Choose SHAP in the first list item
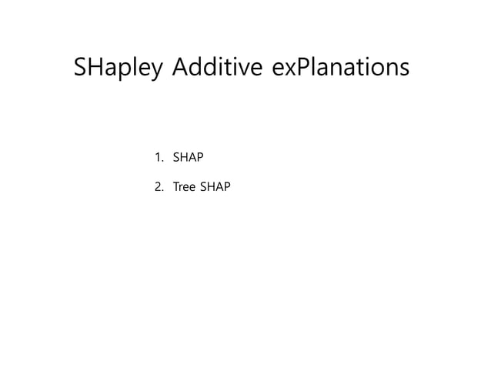pyautogui.click(x=189, y=158)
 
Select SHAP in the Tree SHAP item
pyautogui.click(x=215, y=186)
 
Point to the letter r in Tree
pyautogui.click(x=182, y=187)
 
